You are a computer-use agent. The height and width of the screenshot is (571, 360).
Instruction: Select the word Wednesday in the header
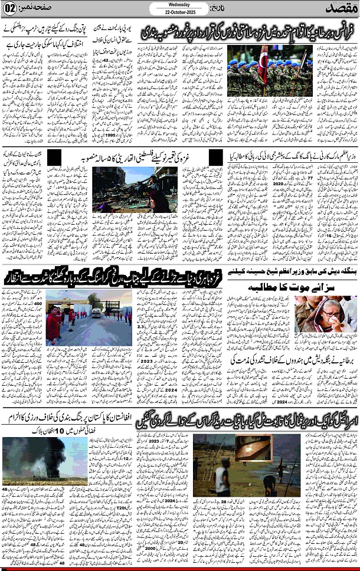click(x=179, y=4)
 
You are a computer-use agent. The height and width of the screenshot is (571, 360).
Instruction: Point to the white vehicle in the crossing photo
click(x=96, y=313)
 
